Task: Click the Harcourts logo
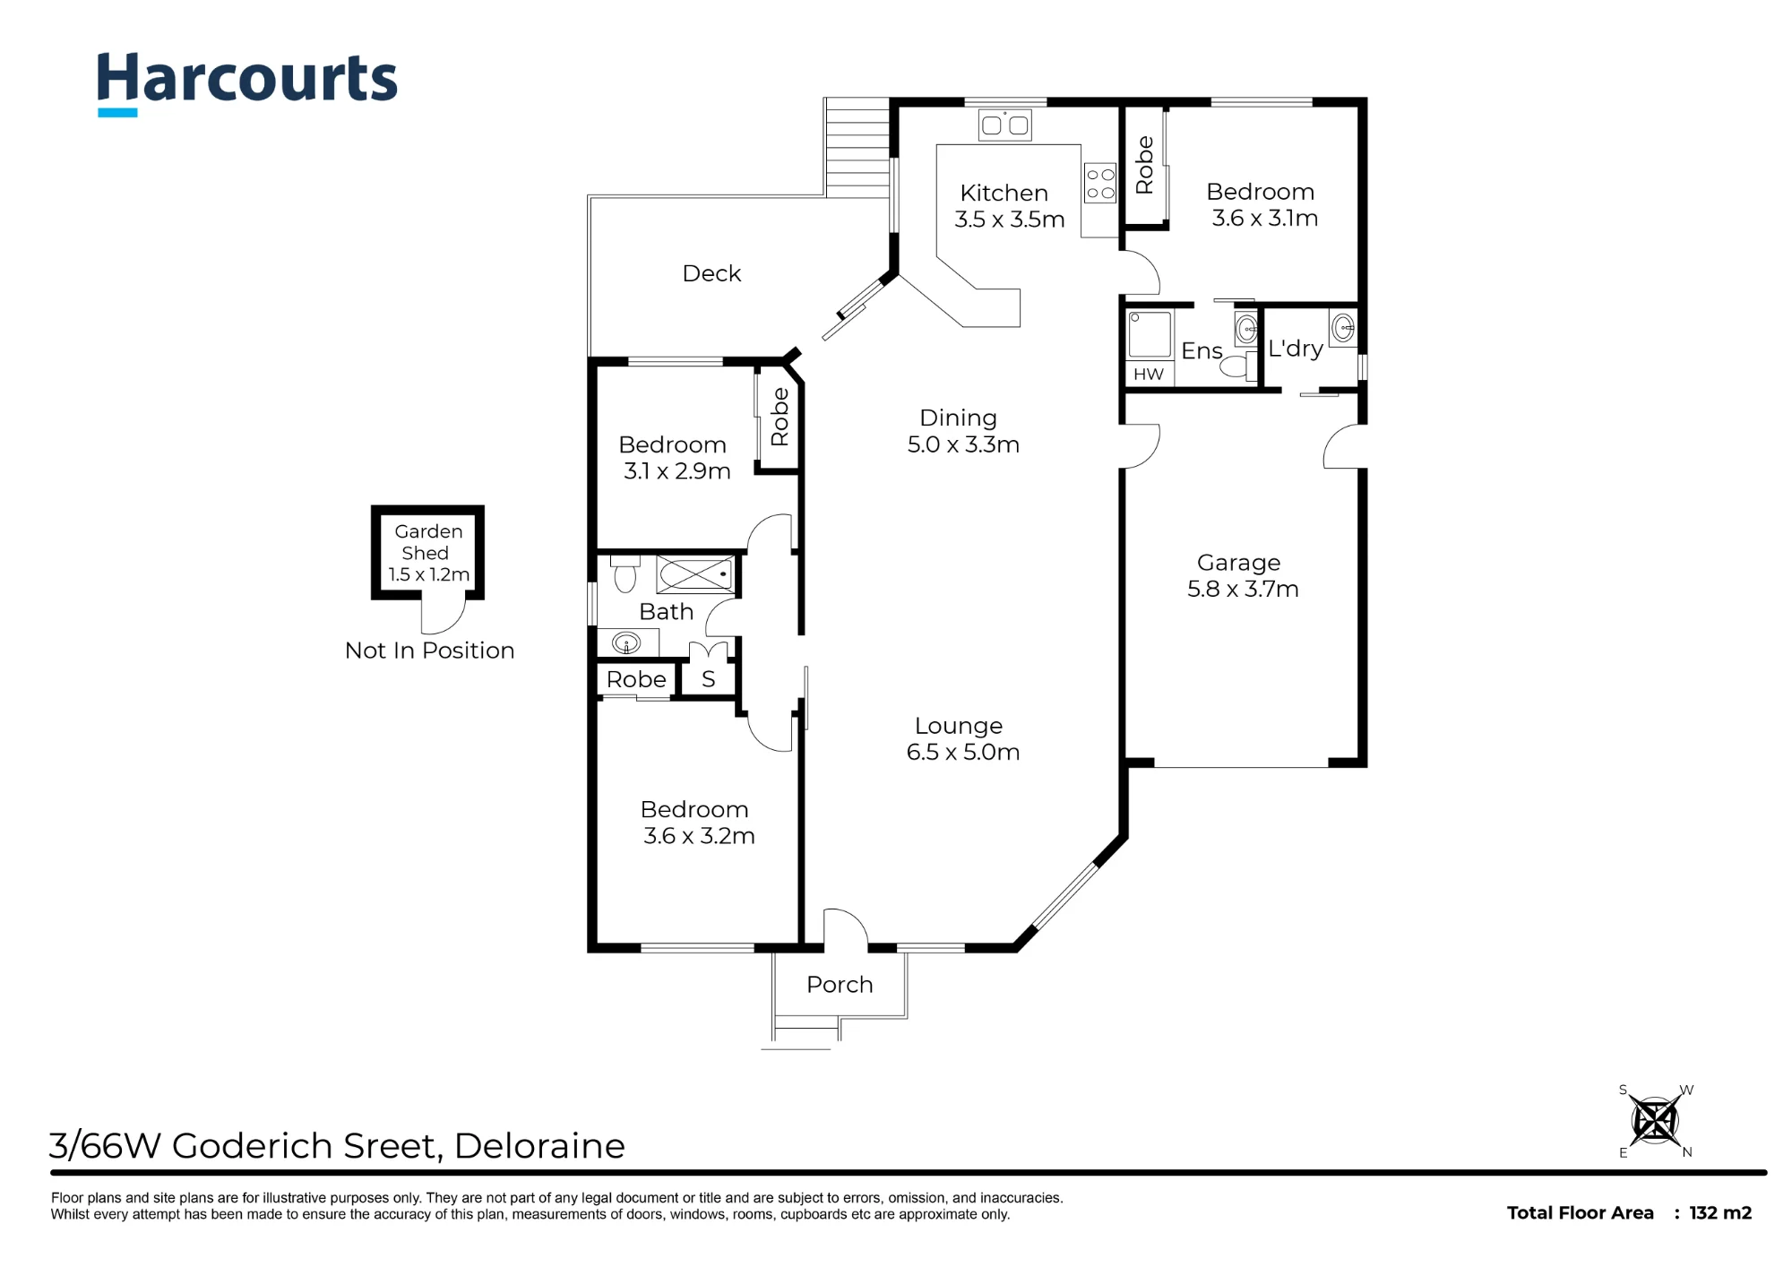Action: point(246,82)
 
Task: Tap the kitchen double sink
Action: point(1004,125)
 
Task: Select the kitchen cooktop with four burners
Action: point(1100,183)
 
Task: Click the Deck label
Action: point(711,273)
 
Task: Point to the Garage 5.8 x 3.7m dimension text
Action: point(1243,589)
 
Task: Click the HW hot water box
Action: point(1149,374)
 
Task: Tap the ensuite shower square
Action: point(1150,334)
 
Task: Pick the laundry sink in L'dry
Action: point(1342,328)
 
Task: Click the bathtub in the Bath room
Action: point(695,573)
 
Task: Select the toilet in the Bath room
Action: point(625,573)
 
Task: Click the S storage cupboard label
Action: point(708,679)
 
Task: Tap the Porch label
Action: point(840,984)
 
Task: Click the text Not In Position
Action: point(430,651)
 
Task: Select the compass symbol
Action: point(1655,1121)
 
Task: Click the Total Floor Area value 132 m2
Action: point(1720,1212)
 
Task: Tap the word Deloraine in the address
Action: point(539,1146)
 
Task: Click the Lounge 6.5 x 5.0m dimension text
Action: point(963,752)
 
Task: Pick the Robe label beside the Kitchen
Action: point(1144,165)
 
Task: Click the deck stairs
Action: point(857,147)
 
